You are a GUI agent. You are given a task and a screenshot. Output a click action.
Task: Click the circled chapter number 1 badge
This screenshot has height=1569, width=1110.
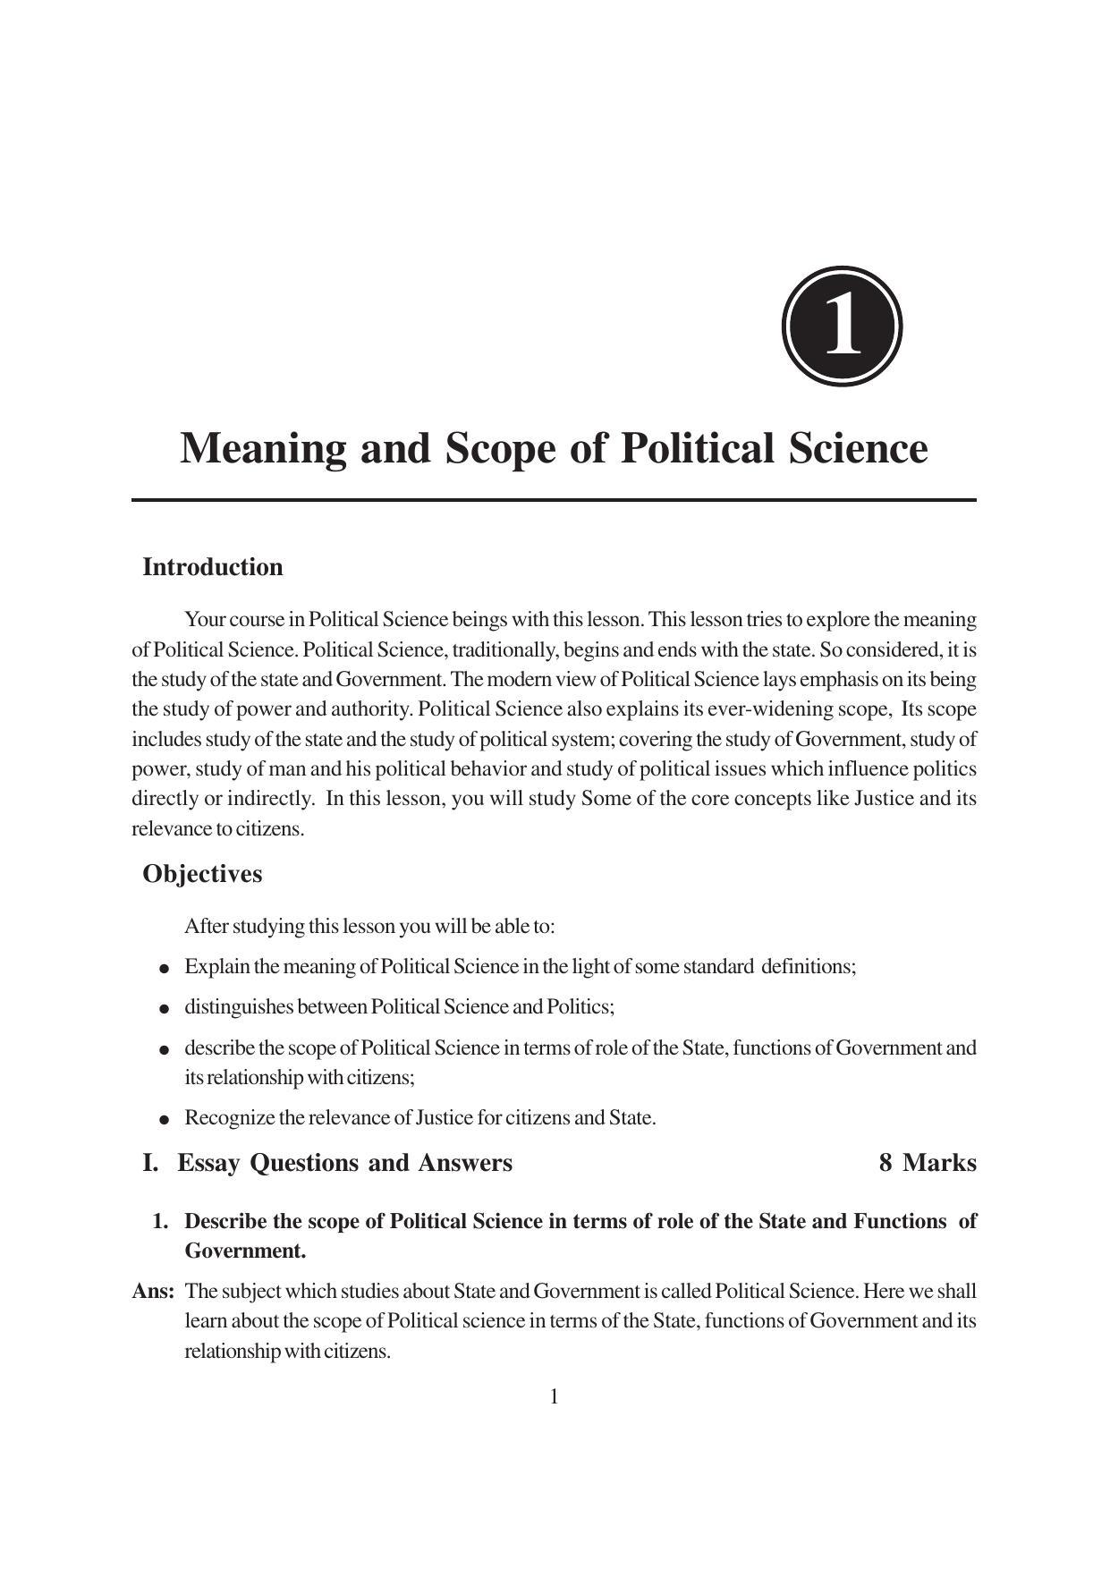842,327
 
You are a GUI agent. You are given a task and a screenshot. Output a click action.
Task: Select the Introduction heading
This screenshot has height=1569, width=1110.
213,567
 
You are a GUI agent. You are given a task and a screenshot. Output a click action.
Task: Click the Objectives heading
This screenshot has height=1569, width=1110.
202,874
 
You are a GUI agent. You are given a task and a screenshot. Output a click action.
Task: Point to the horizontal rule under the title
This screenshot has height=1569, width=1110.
554,500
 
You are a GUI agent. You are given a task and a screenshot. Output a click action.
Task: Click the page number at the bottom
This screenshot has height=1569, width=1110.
555,1396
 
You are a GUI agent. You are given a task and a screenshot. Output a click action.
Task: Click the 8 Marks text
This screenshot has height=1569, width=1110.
928,1163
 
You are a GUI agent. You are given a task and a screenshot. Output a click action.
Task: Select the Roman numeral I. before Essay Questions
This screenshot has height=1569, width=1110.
150,1163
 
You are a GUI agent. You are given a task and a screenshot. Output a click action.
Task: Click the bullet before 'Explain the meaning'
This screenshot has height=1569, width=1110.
164,968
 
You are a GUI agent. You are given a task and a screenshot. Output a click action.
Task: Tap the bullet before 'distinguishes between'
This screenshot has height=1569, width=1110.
164,1008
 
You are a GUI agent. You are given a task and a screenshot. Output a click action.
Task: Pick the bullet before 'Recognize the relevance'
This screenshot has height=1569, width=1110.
164,1119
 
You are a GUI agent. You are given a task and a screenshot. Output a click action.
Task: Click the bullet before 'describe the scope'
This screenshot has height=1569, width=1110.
164,1048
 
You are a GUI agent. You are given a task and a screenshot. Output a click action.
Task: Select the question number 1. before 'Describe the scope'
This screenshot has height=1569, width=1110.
161,1222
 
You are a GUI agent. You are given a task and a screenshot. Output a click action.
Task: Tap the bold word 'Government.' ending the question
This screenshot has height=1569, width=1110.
245,1251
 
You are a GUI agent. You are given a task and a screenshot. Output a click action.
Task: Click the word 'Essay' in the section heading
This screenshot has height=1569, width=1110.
210,1163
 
